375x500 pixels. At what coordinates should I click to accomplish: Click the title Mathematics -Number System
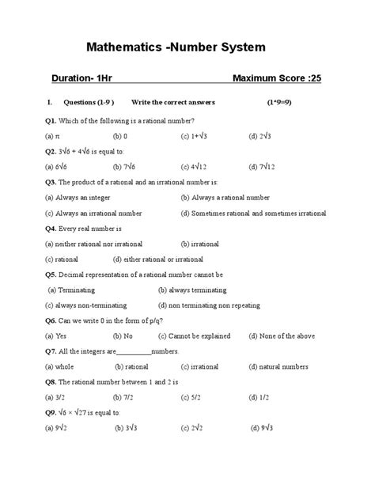point(187,48)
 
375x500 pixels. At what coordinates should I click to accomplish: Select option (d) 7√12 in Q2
point(264,167)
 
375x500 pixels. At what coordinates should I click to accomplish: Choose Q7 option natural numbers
point(279,366)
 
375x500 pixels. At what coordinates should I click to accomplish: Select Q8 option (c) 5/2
point(191,397)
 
